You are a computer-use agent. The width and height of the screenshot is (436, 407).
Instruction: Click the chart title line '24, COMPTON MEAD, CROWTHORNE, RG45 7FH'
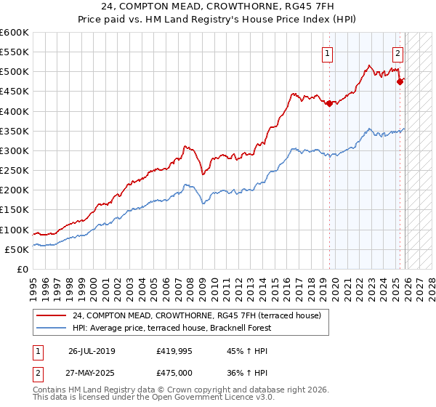tap(218, 7)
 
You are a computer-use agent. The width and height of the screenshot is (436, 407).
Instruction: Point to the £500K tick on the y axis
tap(15, 72)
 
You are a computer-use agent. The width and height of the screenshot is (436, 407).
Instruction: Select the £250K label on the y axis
tap(15, 170)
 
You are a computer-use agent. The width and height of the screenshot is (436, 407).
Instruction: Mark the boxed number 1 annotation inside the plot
tap(328, 52)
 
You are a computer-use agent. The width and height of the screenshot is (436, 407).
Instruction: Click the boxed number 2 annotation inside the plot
tap(398, 52)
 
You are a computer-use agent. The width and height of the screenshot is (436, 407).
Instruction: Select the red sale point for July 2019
tap(329, 103)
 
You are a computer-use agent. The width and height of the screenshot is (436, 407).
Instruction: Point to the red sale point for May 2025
tap(400, 81)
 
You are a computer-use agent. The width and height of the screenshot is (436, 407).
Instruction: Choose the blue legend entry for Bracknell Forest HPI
tap(171, 328)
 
